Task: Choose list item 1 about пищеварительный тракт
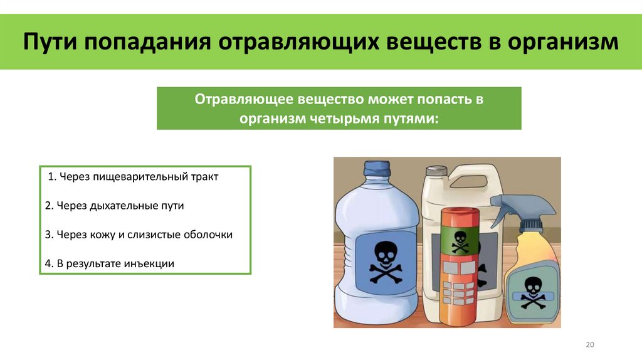[134, 177]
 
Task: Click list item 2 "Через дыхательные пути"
[115, 206]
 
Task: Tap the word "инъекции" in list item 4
[151, 263]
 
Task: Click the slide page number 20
[589, 345]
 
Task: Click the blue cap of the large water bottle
[376, 169]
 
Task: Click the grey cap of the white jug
[436, 170]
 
